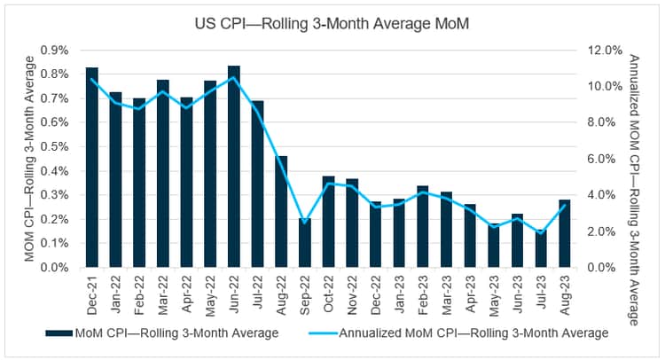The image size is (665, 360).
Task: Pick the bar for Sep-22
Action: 305,242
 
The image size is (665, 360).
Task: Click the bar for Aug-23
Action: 565,233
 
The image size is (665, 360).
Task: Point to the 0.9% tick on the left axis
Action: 59,50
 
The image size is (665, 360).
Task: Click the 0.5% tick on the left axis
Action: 59,146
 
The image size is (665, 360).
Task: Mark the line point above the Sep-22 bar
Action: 305,222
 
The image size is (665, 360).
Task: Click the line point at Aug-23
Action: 565,205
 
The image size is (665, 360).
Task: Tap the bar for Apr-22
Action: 187,182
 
